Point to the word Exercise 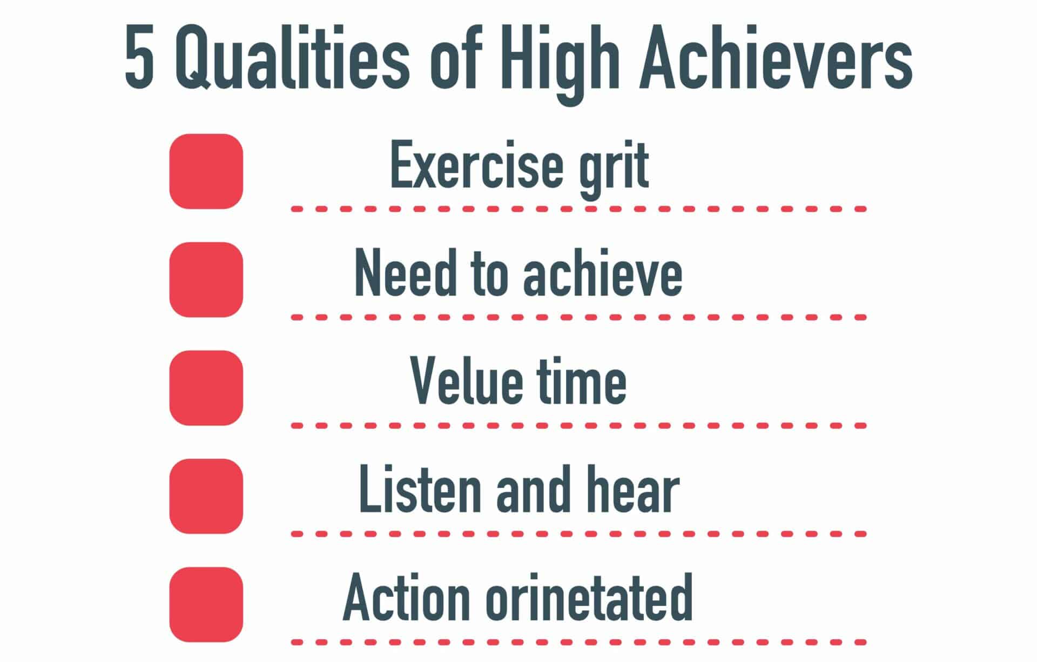pos(476,165)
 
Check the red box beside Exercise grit pos(206,171)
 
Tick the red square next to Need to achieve pos(206,279)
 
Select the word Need pos(405,273)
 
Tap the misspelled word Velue pos(465,381)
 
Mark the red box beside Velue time pos(206,388)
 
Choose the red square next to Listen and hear pos(206,496)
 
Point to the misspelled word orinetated pos(589,598)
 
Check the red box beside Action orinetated pos(206,604)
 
